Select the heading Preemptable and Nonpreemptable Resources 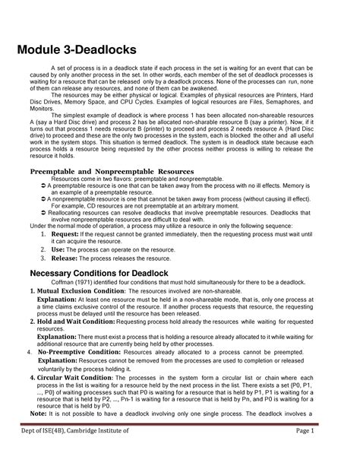(x=112, y=173)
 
